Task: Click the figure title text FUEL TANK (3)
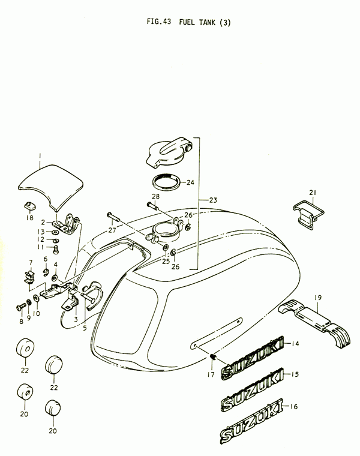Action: (205, 22)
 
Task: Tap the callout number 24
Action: (190, 182)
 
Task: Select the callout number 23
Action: (213, 200)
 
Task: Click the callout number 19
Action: (318, 298)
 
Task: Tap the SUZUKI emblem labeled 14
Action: (253, 358)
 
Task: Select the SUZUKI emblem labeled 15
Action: (252, 389)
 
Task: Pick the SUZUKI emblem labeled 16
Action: (251, 421)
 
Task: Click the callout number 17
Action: (211, 374)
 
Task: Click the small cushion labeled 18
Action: (29, 205)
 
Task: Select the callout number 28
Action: (155, 196)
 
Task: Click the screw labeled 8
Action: (22, 306)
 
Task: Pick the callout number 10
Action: (37, 313)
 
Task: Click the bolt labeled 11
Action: (56, 250)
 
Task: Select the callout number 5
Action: (85, 328)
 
